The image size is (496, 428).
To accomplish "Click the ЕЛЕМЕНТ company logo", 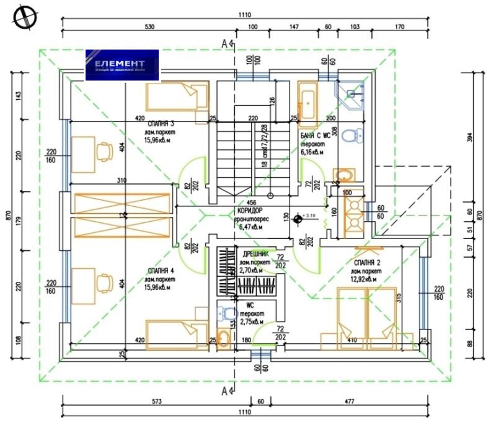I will point(123,66).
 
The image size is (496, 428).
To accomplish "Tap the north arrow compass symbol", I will point(20,17).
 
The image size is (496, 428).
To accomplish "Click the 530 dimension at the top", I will point(148,27).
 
